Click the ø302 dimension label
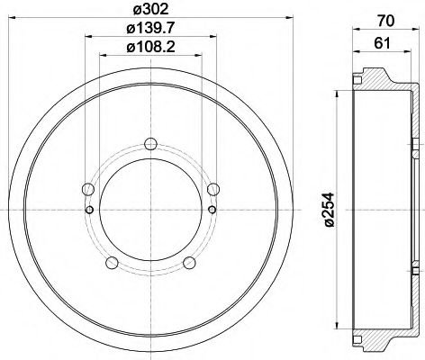[x=150, y=11]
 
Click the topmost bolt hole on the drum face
[x=150, y=142]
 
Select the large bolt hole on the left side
[x=87, y=189]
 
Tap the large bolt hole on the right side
[x=213, y=189]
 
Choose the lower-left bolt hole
[x=112, y=262]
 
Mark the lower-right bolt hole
[x=190, y=262]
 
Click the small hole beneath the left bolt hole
[x=89, y=210]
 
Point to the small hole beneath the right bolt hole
[x=212, y=210]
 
